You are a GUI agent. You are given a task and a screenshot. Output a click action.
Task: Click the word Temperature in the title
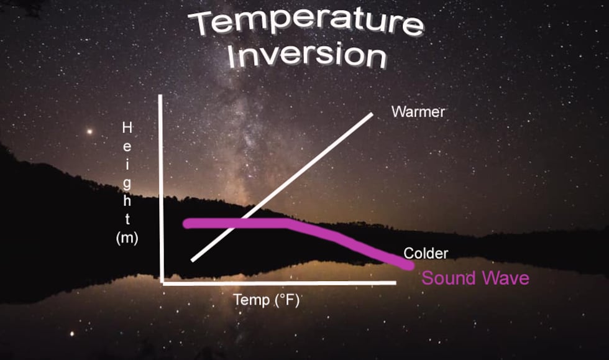pyautogui.click(x=306, y=22)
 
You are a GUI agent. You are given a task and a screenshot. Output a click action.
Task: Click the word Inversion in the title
pyautogui.click(x=307, y=55)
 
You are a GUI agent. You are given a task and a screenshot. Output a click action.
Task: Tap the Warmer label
pyautogui.click(x=418, y=112)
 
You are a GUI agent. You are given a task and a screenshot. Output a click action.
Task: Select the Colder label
pyautogui.click(x=426, y=254)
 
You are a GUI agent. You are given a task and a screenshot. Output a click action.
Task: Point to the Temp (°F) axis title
pyautogui.click(x=267, y=300)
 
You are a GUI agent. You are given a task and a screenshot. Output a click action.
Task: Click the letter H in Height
pyautogui.click(x=127, y=127)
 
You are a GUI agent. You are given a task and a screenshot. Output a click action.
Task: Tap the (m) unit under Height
pyautogui.click(x=127, y=238)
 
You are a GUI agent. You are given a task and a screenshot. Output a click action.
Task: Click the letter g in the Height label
pyautogui.click(x=127, y=184)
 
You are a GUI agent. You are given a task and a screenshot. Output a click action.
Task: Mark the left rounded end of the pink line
pyautogui.click(x=188, y=224)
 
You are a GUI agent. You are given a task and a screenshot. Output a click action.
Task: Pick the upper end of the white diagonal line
pyautogui.click(x=372, y=114)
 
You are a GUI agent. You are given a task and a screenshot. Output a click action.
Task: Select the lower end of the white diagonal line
pyautogui.click(x=193, y=260)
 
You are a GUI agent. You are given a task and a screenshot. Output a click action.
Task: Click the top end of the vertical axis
pyautogui.click(x=160, y=96)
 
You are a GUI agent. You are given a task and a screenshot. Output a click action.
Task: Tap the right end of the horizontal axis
pyautogui.click(x=395, y=283)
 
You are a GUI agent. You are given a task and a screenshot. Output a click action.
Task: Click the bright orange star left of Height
pyautogui.click(x=89, y=132)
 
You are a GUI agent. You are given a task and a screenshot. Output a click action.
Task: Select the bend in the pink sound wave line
pyautogui.click(x=288, y=224)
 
